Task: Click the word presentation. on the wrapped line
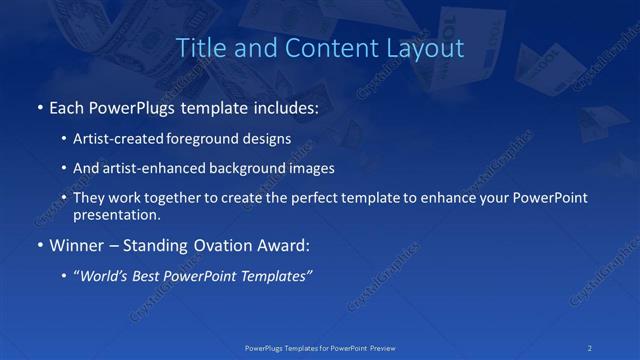pyautogui.click(x=117, y=215)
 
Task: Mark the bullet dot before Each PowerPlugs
pyautogui.click(x=39, y=107)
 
